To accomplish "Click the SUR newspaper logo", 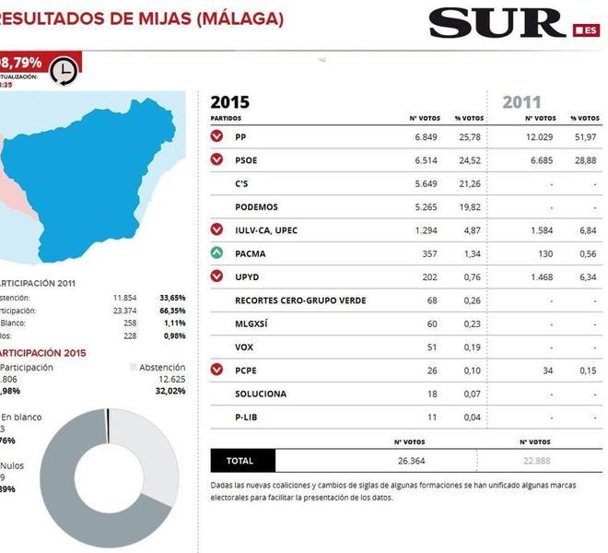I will pyautogui.click(x=497, y=23).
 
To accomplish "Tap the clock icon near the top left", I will pyautogui.click(x=62, y=71).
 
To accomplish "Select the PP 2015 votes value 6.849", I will pyautogui.click(x=425, y=136).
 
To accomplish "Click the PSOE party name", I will pyautogui.click(x=246, y=159).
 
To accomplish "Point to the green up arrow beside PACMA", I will pyautogui.click(x=216, y=253).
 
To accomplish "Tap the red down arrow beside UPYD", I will pyautogui.click(x=216, y=276).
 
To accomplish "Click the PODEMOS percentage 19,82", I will pyautogui.click(x=471, y=207).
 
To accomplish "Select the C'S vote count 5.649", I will pyautogui.click(x=425, y=183).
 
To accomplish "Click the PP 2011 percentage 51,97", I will pyautogui.click(x=583, y=136).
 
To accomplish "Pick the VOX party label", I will pyautogui.click(x=244, y=347).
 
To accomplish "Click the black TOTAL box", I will pyautogui.click(x=242, y=460).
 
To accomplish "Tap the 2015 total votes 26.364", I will pyautogui.click(x=410, y=460).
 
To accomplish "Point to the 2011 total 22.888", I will pyautogui.click(x=534, y=460).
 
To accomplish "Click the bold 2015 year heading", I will pyautogui.click(x=229, y=102).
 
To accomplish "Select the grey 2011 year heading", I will pyautogui.click(x=521, y=102).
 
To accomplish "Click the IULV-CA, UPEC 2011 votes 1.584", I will pyautogui.click(x=540, y=229).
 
